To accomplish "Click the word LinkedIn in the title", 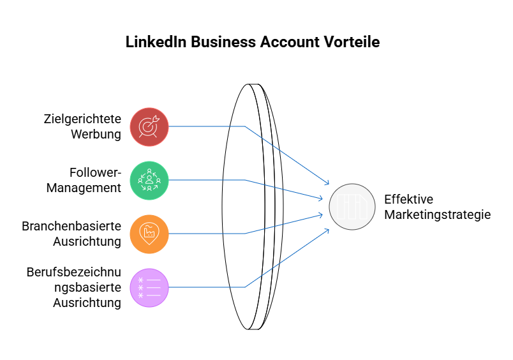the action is coord(156,42).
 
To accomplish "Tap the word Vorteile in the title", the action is coord(352,42).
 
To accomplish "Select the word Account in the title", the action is coord(290,42).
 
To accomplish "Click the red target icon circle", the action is coord(149,126).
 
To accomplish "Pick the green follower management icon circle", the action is coord(149,181).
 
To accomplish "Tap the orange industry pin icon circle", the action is coord(149,234).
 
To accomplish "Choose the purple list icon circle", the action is coord(149,288).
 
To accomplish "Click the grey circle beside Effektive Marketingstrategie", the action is coord(352,207).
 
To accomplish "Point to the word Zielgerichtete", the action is coord(82,119).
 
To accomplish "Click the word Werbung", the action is coord(96,134).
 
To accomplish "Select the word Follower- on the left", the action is coord(95,172).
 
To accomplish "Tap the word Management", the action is coord(84,188).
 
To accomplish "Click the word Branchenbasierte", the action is coord(71,226).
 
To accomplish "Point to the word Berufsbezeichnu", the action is coord(74,272).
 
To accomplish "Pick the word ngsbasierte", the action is coord(87,287).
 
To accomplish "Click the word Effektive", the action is coord(408,199).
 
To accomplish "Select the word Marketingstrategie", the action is coord(438,214).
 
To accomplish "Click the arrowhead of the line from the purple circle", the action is coord(327,230).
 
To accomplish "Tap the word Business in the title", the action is coord(223,42).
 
